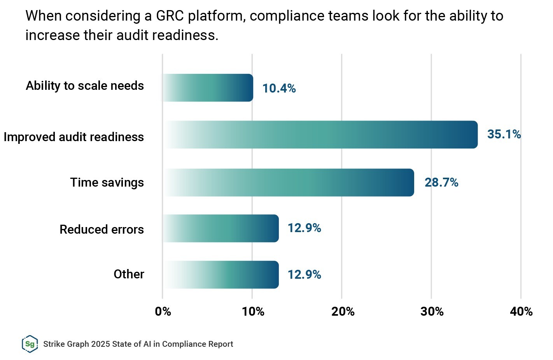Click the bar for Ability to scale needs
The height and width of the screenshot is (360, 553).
point(208,88)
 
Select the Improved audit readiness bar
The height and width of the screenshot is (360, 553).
point(320,135)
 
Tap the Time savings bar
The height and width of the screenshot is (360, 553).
point(288,182)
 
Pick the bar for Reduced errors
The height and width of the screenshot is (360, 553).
point(220,228)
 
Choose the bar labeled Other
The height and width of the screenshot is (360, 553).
point(220,274)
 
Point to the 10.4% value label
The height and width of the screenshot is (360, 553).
point(279,88)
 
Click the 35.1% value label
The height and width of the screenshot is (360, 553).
point(504,134)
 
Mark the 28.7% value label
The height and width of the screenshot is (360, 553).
point(441,182)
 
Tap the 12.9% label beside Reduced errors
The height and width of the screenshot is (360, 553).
point(304,228)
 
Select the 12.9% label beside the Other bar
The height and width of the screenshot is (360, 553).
point(304,274)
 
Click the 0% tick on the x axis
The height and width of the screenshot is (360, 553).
point(163,311)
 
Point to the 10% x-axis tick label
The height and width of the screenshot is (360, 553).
point(253,311)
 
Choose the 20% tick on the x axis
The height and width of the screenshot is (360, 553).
point(343,311)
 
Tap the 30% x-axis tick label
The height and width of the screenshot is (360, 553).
point(432,311)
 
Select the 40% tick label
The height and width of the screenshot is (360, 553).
point(521,311)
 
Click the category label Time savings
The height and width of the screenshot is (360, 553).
point(107,182)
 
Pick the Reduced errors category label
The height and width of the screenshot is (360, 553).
point(101,229)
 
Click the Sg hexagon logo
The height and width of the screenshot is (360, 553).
point(30,344)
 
